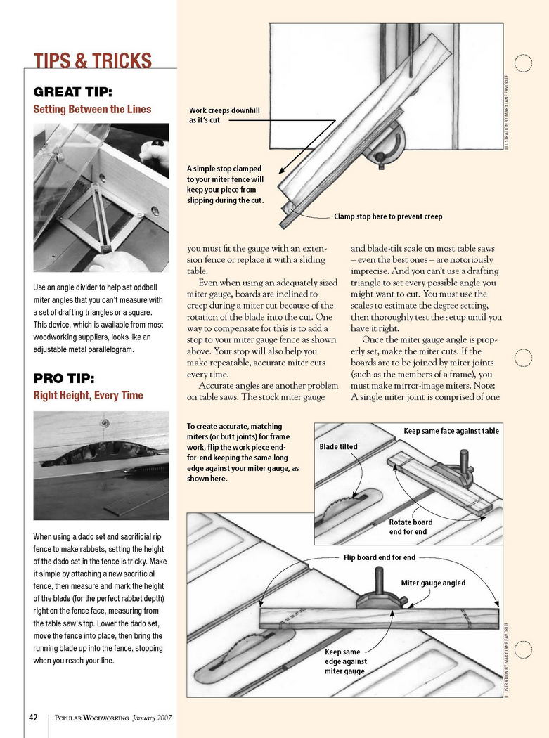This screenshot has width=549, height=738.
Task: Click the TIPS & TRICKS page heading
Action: click(93, 60)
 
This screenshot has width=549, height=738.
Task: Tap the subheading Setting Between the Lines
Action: click(92, 109)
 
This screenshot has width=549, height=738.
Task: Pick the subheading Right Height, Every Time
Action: click(88, 396)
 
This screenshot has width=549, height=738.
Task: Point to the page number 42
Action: click(33, 718)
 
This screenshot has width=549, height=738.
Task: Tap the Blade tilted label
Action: click(338, 446)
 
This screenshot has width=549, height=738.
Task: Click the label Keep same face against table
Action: click(451, 430)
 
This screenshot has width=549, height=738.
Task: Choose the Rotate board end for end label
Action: click(411, 527)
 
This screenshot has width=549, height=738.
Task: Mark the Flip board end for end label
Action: click(379, 557)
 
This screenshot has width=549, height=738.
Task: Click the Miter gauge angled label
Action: click(433, 583)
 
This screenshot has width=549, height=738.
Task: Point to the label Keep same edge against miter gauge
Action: click(344, 661)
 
